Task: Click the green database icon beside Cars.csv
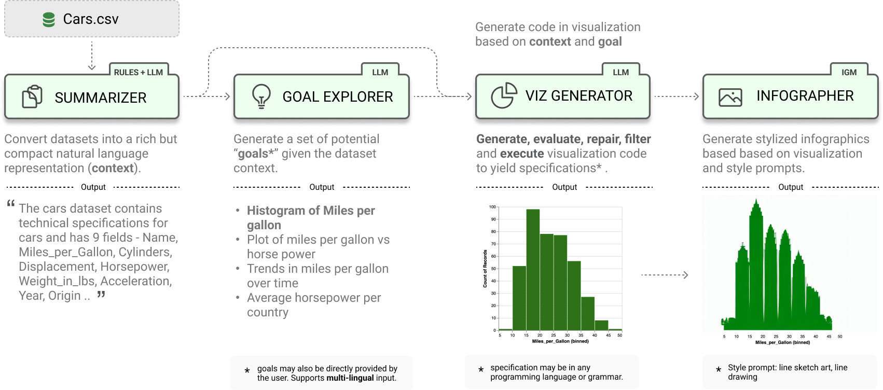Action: tap(49, 20)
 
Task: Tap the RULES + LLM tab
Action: tap(138, 72)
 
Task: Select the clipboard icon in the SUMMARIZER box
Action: tap(32, 97)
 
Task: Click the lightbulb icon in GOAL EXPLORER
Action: tap(261, 96)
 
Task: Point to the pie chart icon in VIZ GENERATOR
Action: tap(504, 96)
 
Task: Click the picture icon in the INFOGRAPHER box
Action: tap(730, 97)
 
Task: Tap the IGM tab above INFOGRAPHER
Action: tap(849, 72)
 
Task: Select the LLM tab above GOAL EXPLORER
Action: tap(380, 72)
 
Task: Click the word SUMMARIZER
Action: tap(101, 97)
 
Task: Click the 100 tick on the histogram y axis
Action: tap(492, 207)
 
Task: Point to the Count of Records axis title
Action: tap(485, 269)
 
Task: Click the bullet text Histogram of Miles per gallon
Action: tap(311, 218)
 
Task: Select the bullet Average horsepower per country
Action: tap(314, 305)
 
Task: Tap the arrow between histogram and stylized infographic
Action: tap(665, 275)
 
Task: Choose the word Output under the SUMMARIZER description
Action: tap(93, 187)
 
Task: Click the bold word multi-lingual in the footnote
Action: tap(350, 378)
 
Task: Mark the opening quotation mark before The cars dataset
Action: tap(10, 204)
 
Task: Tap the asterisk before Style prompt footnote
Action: tap(719, 370)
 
